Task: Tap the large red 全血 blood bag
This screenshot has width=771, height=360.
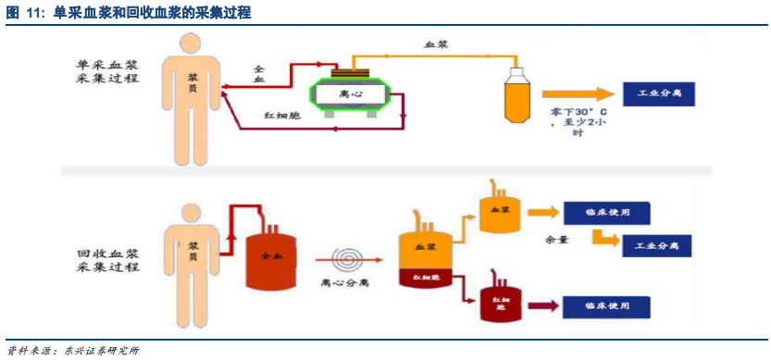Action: (271, 256)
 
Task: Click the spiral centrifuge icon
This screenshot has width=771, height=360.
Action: (350, 256)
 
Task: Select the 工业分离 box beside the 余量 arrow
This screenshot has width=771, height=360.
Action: (656, 246)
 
